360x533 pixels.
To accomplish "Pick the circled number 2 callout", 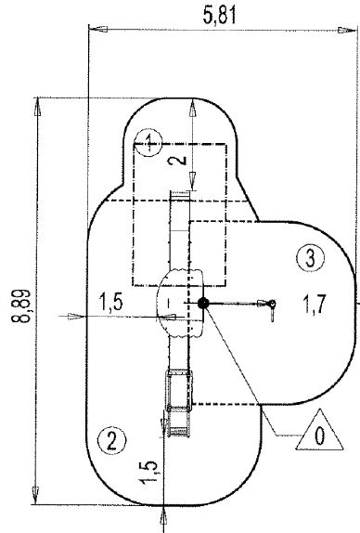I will click(111, 440).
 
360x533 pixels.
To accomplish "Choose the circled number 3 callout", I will click(309, 256).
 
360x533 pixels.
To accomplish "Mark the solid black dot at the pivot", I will click(202, 303).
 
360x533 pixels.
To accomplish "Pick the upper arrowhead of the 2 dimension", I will click(192, 105).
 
